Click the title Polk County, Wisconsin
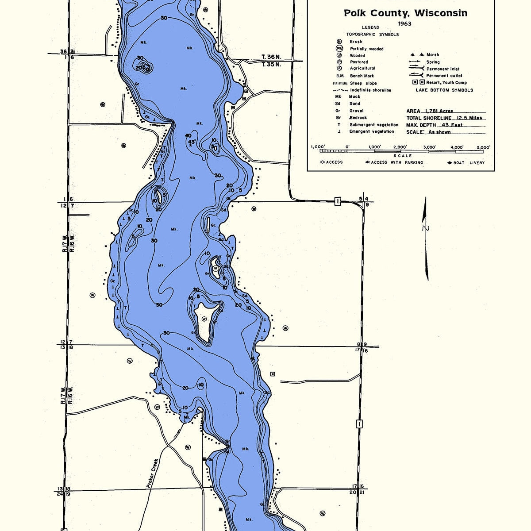405,13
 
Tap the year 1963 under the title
404,23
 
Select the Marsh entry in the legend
432,55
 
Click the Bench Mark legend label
362,76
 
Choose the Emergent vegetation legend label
371,131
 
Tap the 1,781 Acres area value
439,111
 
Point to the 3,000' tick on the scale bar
429,147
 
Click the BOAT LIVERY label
469,163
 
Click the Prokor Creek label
152,473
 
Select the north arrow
426,239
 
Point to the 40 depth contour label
189,135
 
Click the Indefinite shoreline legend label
370,90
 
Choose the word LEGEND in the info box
370,27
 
